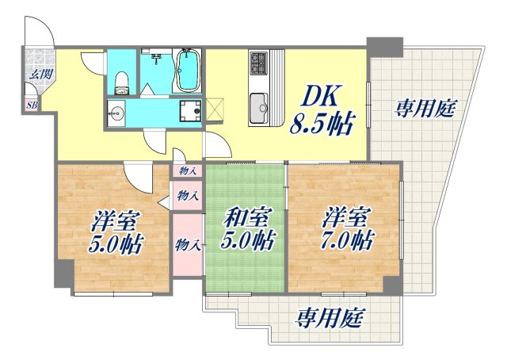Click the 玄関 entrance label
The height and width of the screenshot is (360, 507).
37,74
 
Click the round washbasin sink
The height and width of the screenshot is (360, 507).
117,112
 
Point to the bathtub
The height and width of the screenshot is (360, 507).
187,72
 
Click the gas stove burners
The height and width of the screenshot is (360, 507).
260,63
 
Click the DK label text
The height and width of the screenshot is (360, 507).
321,96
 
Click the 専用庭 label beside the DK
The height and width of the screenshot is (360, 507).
425,109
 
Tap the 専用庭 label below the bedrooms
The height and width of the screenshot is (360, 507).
330,319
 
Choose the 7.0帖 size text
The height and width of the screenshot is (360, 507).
348,239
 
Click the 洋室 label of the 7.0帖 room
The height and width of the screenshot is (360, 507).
346,214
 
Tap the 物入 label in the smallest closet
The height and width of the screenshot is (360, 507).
189,170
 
